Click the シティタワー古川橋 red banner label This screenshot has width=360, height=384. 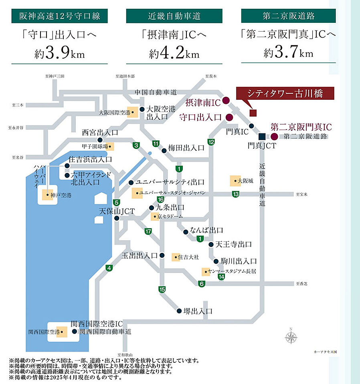tap(285, 94)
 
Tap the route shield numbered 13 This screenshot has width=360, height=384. tap(236, 194)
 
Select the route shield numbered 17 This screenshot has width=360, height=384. tap(148, 231)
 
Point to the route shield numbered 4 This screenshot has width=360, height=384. tap(109, 268)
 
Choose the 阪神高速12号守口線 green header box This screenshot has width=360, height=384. tap(59, 16)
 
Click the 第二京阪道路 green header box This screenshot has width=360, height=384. tap(289, 16)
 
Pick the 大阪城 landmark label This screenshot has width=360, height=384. tap(245, 181)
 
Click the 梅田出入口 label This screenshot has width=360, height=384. tap(186, 148)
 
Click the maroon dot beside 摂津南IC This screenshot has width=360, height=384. tap(226, 100)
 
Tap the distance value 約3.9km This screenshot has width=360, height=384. tap(60, 54)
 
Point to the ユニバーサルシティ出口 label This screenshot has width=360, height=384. tap(170, 182)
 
